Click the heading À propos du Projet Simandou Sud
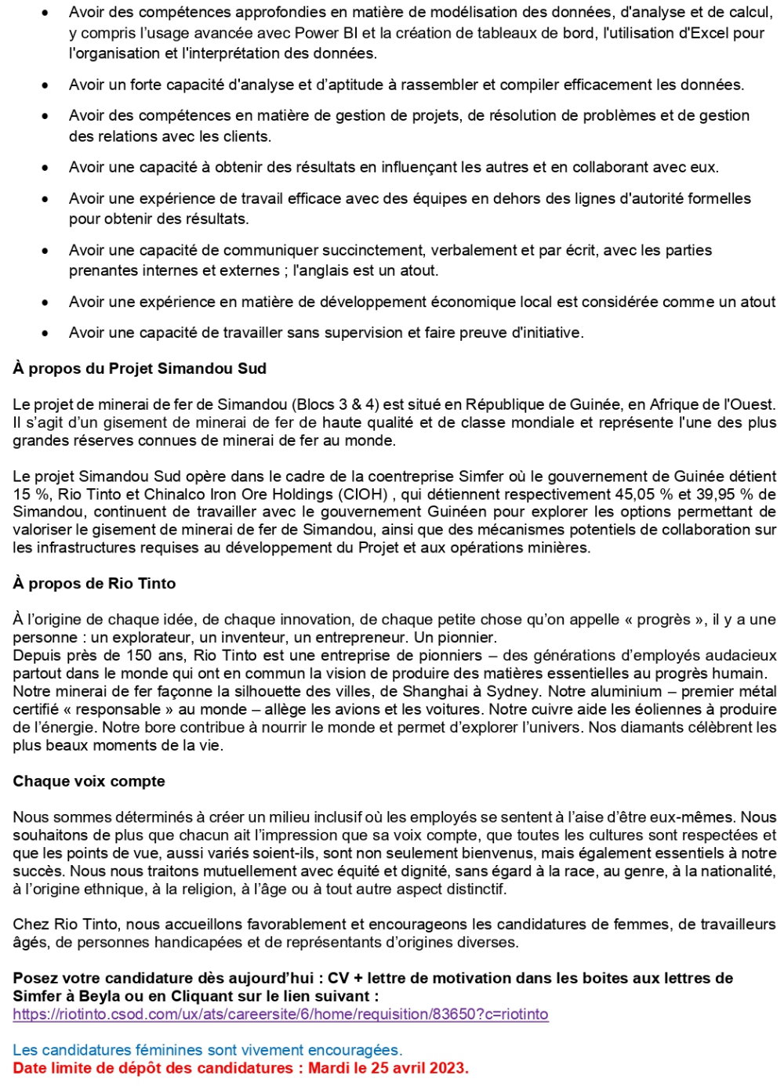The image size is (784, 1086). [x=140, y=368]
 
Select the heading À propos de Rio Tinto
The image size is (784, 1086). [x=94, y=583]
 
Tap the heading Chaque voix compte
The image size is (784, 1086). [x=89, y=781]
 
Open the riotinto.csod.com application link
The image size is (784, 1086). [x=280, y=1014]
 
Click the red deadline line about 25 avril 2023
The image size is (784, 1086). [x=240, y=1068]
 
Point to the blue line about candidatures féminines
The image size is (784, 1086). [x=207, y=1050]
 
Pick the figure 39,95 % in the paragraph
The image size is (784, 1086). [x=727, y=494]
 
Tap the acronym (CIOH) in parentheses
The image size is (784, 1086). [x=363, y=494]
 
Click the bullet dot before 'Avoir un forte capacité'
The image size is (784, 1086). [x=45, y=85]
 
